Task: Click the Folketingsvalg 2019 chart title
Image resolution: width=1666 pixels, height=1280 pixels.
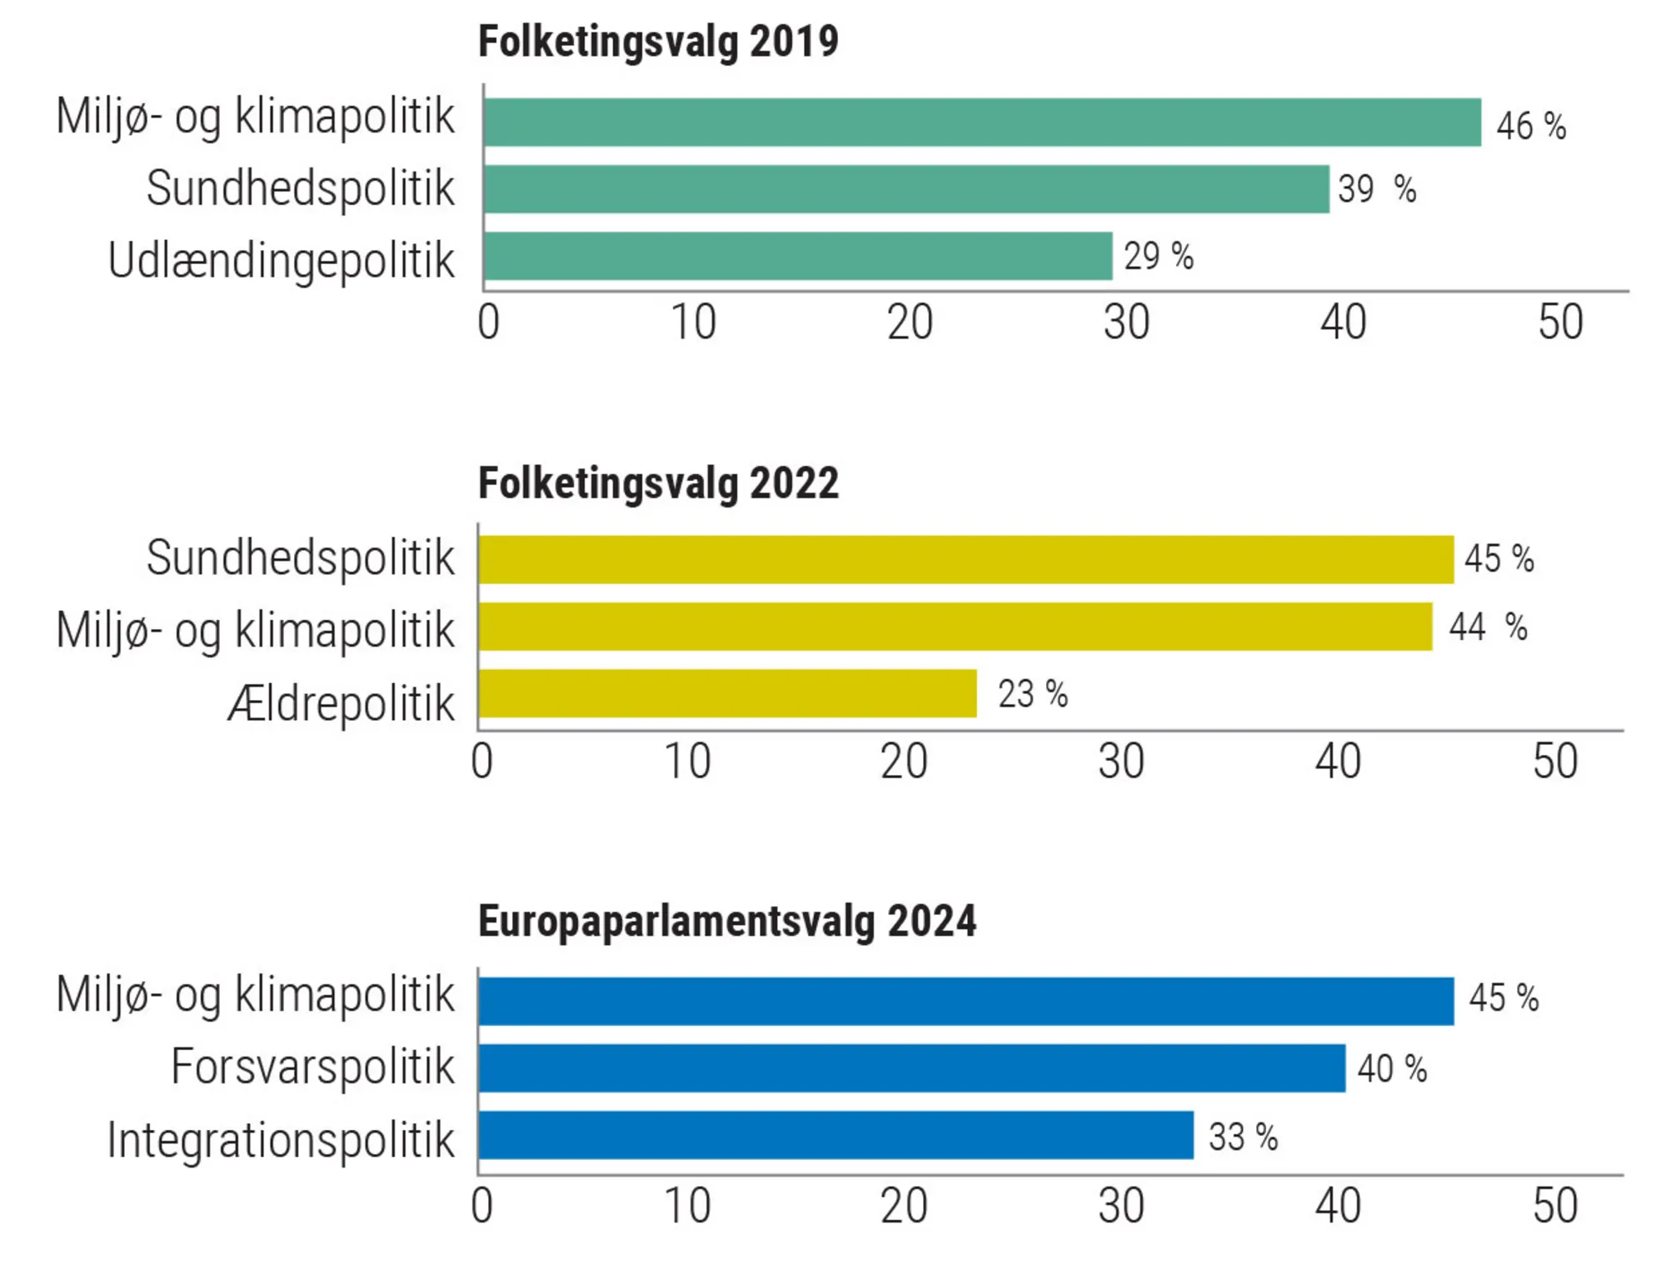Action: coord(658,42)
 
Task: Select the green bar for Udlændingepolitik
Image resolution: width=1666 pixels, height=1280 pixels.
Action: coord(797,256)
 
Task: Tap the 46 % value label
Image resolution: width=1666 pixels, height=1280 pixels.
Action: coord(1531,126)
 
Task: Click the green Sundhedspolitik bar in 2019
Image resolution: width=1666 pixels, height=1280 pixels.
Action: coord(905,189)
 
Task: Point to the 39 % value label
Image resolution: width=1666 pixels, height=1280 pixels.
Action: coord(1376,189)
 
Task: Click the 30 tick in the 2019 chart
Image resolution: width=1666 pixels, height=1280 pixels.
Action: coord(1126,322)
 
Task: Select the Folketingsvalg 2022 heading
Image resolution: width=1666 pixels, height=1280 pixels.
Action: coord(658,483)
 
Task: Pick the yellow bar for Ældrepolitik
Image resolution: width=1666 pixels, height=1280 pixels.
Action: coord(727,693)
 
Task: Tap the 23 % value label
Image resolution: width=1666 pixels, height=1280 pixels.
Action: coord(1033,693)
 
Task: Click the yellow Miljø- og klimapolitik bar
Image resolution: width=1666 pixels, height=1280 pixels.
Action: coord(955,627)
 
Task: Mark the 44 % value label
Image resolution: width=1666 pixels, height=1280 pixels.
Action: coord(1488,627)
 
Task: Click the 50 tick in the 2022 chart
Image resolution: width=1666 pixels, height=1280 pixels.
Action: coord(1555,762)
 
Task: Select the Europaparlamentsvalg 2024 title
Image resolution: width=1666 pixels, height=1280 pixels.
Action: coord(726,922)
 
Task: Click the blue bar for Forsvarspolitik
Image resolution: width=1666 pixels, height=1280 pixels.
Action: coord(911,1068)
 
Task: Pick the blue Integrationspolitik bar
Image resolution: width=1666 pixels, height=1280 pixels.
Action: coord(835,1135)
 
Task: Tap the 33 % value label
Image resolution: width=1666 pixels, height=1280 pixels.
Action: coord(1243,1137)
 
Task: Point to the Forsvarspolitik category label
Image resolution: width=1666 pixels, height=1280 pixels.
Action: coord(312,1067)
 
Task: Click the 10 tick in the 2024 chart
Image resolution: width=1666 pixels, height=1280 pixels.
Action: coord(687,1206)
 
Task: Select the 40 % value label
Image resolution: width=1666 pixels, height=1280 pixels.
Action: coord(1392,1068)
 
